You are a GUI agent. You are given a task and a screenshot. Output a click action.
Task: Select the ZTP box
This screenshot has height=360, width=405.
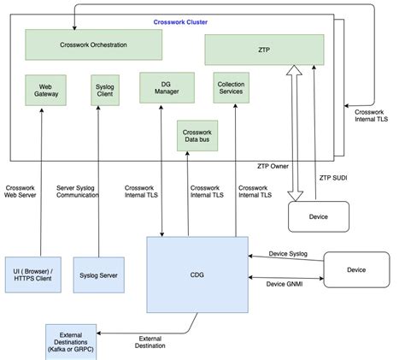click(264, 49)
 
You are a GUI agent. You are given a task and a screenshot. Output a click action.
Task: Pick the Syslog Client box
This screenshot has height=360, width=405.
click(104, 90)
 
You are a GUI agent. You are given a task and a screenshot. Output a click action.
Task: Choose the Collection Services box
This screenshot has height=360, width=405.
click(231, 87)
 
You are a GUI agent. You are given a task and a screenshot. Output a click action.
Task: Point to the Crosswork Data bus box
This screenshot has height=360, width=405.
click(197, 135)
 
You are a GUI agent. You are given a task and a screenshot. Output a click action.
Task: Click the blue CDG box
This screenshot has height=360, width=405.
click(196, 274)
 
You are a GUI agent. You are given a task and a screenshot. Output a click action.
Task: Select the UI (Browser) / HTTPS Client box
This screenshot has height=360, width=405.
click(30, 274)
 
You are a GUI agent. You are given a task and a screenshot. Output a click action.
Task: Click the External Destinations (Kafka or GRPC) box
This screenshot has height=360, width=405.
click(74, 340)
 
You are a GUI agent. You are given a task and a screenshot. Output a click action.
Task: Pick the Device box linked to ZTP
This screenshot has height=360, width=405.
click(319, 216)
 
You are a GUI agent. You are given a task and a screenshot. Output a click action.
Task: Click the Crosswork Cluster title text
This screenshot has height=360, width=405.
click(180, 21)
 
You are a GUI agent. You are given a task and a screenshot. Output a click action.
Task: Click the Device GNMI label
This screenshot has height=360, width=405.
click(285, 284)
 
